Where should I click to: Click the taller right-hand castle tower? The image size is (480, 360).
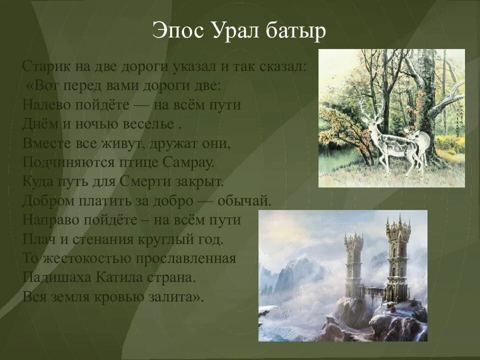point(398,255)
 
